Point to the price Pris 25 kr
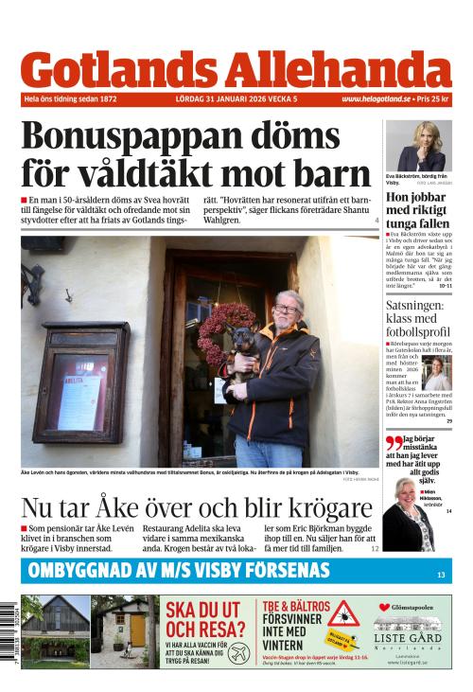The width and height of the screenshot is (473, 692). pos(432,98)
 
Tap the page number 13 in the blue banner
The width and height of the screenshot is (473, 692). pos(441,574)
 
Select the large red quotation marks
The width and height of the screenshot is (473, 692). pos(394,442)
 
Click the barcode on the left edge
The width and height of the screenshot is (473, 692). pos(9,631)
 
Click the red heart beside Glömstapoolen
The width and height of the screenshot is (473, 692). pos(384,607)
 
